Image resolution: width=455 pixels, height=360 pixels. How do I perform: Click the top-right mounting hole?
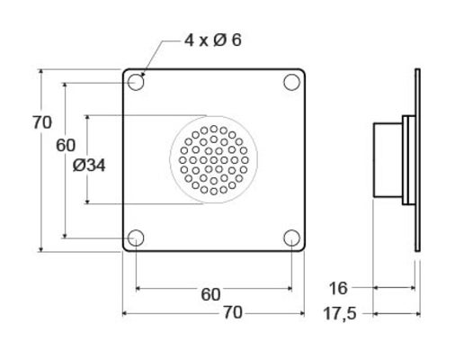[291, 83]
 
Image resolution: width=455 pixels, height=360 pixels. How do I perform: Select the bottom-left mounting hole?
[135, 238]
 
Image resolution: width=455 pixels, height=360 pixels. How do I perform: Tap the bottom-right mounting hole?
[291, 238]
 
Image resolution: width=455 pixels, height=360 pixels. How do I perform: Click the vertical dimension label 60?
[65, 145]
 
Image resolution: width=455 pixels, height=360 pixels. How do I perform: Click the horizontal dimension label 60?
[210, 294]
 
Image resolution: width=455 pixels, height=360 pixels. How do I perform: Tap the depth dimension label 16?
[338, 288]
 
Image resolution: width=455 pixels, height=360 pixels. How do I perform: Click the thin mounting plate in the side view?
[416, 160]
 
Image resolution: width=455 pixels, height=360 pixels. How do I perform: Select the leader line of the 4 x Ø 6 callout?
[162, 54]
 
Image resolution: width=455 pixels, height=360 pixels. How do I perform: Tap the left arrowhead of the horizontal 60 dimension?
[138, 288]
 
